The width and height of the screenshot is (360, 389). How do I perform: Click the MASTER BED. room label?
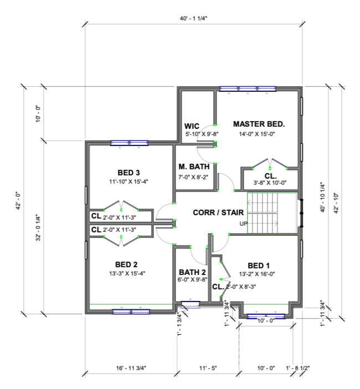(x=259, y=124)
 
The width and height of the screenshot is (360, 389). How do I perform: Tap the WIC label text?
(x=192, y=126)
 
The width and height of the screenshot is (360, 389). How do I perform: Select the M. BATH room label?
(x=194, y=167)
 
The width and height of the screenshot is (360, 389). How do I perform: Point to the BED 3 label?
(x=128, y=173)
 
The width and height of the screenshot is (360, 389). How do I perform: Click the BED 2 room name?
(x=126, y=264)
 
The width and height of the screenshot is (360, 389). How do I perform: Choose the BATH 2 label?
(x=192, y=272)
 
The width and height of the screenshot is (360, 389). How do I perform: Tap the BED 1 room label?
(x=259, y=266)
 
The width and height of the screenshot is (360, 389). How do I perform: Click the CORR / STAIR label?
(x=218, y=212)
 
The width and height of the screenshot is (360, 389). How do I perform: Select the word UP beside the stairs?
(x=243, y=224)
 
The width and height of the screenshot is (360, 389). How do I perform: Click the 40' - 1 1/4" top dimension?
(x=193, y=19)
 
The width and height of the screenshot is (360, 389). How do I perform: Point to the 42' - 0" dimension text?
(x=19, y=200)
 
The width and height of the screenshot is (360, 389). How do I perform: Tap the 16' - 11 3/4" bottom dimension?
(x=131, y=368)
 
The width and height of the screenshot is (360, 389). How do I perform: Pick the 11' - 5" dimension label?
(x=208, y=368)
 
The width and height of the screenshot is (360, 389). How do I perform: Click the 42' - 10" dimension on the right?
(x=336, y=203)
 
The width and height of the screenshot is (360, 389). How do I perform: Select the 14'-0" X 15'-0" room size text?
(x=257, y=134)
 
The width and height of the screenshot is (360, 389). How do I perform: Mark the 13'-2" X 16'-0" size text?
(x=257, y=274)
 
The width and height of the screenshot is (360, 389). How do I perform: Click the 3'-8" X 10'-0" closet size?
(x=270, y=183)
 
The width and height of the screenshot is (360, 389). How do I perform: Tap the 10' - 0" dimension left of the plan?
(x=38, y=114)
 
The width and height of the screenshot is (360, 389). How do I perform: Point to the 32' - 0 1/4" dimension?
(x=38, y=227)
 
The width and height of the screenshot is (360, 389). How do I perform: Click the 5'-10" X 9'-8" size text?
(x=202, y=134)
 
